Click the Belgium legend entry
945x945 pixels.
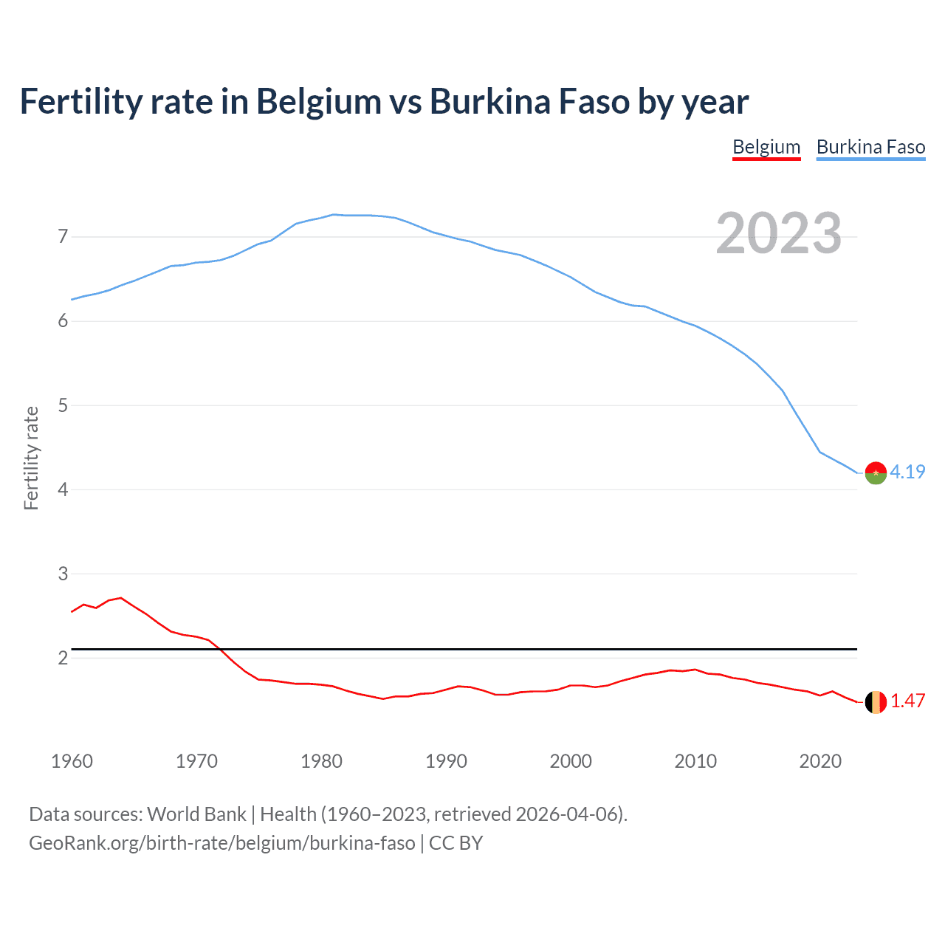coord(766,147)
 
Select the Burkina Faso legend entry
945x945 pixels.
coord(870,147)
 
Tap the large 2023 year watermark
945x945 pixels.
coord(778,233)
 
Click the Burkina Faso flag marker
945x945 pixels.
coord(876,472)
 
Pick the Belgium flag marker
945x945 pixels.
coord(876,702)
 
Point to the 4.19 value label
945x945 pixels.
coord(907,472)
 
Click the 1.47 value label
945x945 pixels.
coord(907,701)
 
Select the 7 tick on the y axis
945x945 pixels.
coord(63,237)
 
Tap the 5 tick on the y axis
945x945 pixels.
coord(63,405)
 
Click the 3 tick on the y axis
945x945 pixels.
coord(63,574)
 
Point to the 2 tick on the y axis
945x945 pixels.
coord(63,658)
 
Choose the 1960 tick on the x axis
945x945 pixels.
coord(72,761)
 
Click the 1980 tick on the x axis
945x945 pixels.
coord(321,761)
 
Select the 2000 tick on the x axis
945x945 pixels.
coord(571,761)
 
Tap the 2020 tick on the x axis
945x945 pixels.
coord(820,761)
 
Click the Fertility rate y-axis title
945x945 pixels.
coord(31,458)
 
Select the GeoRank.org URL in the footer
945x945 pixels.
coord(221,843)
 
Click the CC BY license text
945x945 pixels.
coord(456,843)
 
